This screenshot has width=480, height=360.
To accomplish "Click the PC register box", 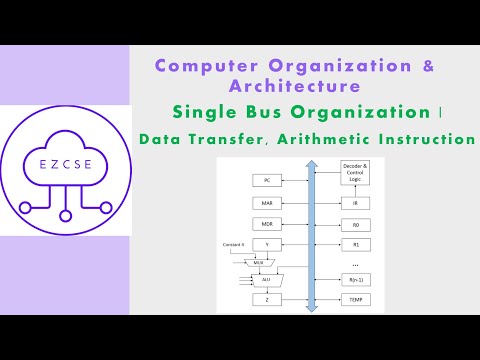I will tap(267, 180).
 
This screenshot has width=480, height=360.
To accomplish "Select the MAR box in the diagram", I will tap(267, 202).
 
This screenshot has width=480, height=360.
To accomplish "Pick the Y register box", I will tap(267, 243).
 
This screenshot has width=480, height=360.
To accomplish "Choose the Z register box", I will tap(267, 300).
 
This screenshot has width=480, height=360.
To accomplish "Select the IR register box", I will tap(355, 202).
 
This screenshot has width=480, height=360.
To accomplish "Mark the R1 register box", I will tap(355, 243).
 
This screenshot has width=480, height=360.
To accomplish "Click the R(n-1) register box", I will tap(355, 280).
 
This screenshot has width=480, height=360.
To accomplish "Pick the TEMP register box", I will tap(355, 300).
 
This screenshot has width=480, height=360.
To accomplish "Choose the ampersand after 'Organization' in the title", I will tap(429, 65).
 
